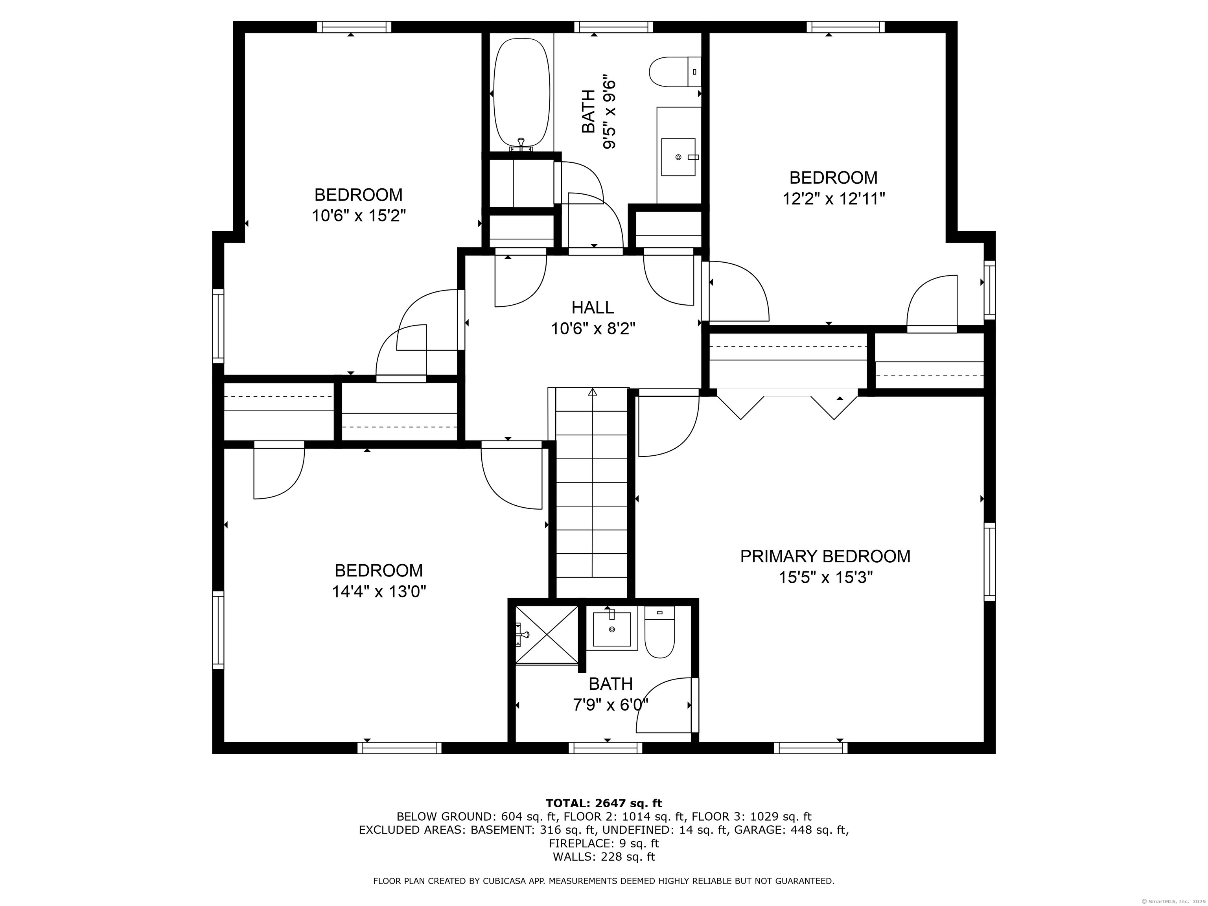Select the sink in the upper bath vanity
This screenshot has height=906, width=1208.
[678, 157]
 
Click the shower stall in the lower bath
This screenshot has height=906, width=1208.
[547, 635]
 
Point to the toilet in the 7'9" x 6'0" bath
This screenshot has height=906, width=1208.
[660, 632]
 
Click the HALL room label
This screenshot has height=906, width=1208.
[593, 308]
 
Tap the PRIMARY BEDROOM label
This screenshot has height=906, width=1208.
[825, 556]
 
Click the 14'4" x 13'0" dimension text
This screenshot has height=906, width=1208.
[379, 591]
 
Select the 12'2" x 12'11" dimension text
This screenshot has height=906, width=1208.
[834, 198]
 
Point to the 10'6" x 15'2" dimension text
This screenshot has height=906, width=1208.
[359, 216]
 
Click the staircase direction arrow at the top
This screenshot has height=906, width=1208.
[593, 392]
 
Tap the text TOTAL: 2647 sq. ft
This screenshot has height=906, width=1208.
[604, 803]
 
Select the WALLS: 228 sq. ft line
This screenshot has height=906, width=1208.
[604, 857]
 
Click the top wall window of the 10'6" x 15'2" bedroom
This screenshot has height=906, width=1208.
[354, 27]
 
